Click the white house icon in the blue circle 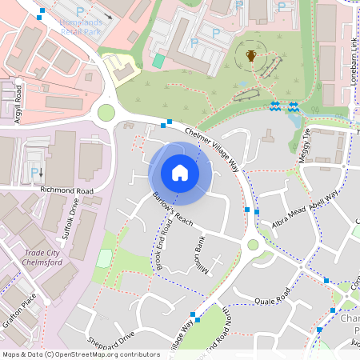point(180,172)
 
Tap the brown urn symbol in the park point(251,55)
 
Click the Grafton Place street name point(20,308)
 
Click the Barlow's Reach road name point(173,210)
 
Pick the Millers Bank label point(200,255)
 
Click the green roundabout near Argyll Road point(106,113)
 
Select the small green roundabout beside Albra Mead point(254,245)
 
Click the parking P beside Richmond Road point(33,172)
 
